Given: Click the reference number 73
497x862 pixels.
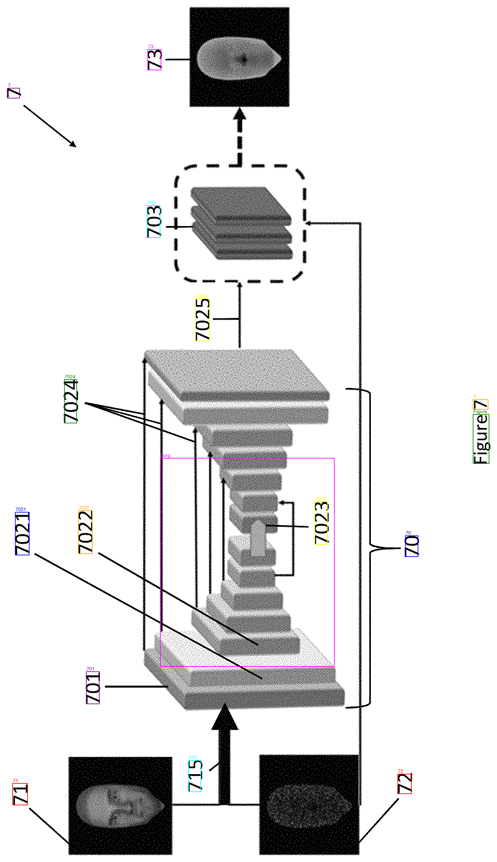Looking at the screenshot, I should (x=154, y=60).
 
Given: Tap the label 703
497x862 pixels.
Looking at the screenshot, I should (x=154, y=221).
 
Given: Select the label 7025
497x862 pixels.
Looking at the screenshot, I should (x=203, y=320).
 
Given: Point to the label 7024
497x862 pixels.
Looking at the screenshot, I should (x=71, y=401).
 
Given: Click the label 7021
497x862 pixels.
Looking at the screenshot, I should (x=22, y=533).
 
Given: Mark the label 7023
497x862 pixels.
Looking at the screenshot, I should (x=321, y=523).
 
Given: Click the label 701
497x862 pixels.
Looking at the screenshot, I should (x=93, y=688).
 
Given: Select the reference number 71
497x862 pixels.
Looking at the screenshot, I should (x=20, y=794).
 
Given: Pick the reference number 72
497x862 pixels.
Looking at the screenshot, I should (x=404, y=784).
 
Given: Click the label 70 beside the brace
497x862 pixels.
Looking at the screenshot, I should (x=412, y=546).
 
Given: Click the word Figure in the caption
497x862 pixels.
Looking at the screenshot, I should (x=481, y=439).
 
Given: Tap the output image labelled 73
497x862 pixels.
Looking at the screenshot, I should (x=240, y=57).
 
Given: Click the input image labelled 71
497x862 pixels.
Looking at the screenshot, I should (x=120, y=806).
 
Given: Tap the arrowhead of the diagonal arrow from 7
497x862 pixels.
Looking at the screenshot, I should (x=73, y=144).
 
